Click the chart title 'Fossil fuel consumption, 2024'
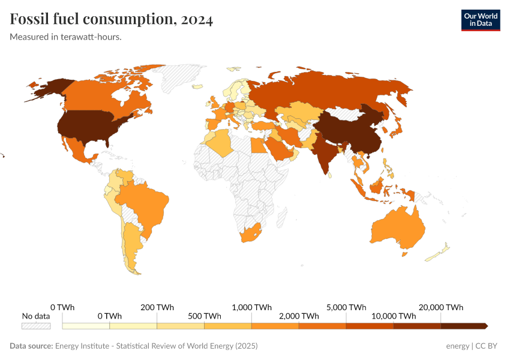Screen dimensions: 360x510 pyautogui.click(x=112, y=20)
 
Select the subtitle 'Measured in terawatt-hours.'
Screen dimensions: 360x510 pyautogui.click(x=66, y=37)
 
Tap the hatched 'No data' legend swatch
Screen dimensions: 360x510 pyautogui.click(x=36, y=326)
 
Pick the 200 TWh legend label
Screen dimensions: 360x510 pyautogui.click(x=157, y=307)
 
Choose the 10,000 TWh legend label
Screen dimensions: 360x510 pyautogui.click(x=394, y=316)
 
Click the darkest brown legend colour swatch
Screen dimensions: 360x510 pyautogui.click(x=463, y=326)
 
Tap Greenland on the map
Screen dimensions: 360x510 pyautogui.click(x=180, y=78)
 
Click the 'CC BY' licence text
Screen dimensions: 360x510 pyautogui.click(x=487, y=346)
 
